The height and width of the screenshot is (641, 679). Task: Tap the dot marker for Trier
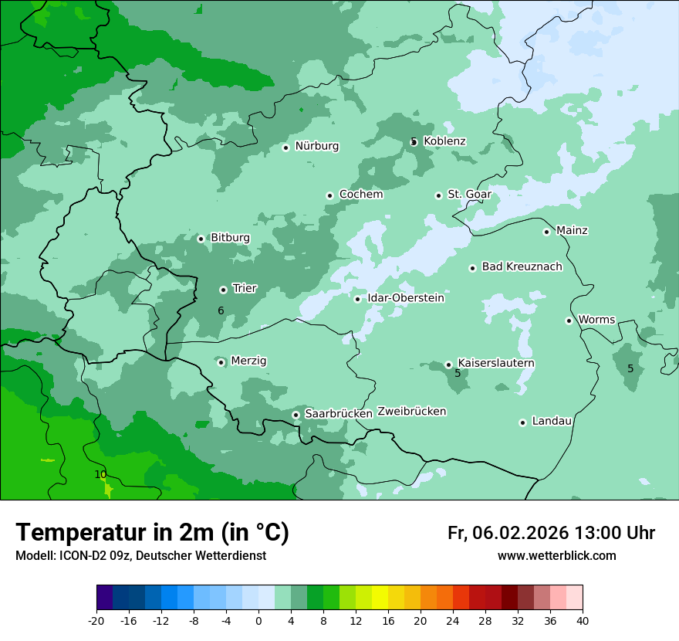coord(223,290)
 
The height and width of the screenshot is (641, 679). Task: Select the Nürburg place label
coord(316,146)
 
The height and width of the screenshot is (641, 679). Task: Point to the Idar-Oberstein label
coord(405,298)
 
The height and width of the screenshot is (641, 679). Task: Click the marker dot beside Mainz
coord(546,232)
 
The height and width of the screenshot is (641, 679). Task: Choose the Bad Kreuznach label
coord(522,266)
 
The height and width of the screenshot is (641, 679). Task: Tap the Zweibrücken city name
coord(411,412)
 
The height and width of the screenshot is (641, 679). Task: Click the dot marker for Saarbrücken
coord(296,415)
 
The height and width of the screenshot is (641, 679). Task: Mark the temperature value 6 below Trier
coord(221,310)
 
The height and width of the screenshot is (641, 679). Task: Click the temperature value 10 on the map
coord(100,474)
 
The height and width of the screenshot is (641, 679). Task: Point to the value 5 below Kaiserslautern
coord(458,373)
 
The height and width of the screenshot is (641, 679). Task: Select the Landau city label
coord(552,421)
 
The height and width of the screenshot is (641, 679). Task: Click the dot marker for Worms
coord(569,320)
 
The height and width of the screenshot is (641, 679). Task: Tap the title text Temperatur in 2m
coord(152,532)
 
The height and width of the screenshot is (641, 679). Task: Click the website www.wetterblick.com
coord(556,555)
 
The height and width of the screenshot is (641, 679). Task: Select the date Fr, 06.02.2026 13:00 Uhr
coord(551,533)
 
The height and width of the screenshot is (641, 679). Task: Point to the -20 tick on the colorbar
coord(96,621)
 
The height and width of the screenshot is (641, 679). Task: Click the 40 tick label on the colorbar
coord(583,621)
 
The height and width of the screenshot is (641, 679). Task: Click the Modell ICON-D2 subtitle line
coord(140,555)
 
